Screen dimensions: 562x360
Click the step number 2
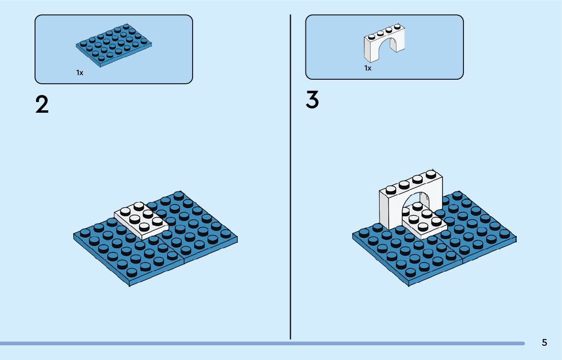42,105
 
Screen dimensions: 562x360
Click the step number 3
312,100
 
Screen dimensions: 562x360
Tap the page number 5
544,342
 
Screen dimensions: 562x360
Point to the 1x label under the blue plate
80,73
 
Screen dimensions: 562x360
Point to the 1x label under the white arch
368,68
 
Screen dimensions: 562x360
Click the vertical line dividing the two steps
291,178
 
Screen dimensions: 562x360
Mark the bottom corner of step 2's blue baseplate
130,285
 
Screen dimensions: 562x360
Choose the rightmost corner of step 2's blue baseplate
237,237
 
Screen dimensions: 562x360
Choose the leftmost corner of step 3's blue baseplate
353,236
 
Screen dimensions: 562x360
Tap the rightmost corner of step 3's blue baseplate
516,237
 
